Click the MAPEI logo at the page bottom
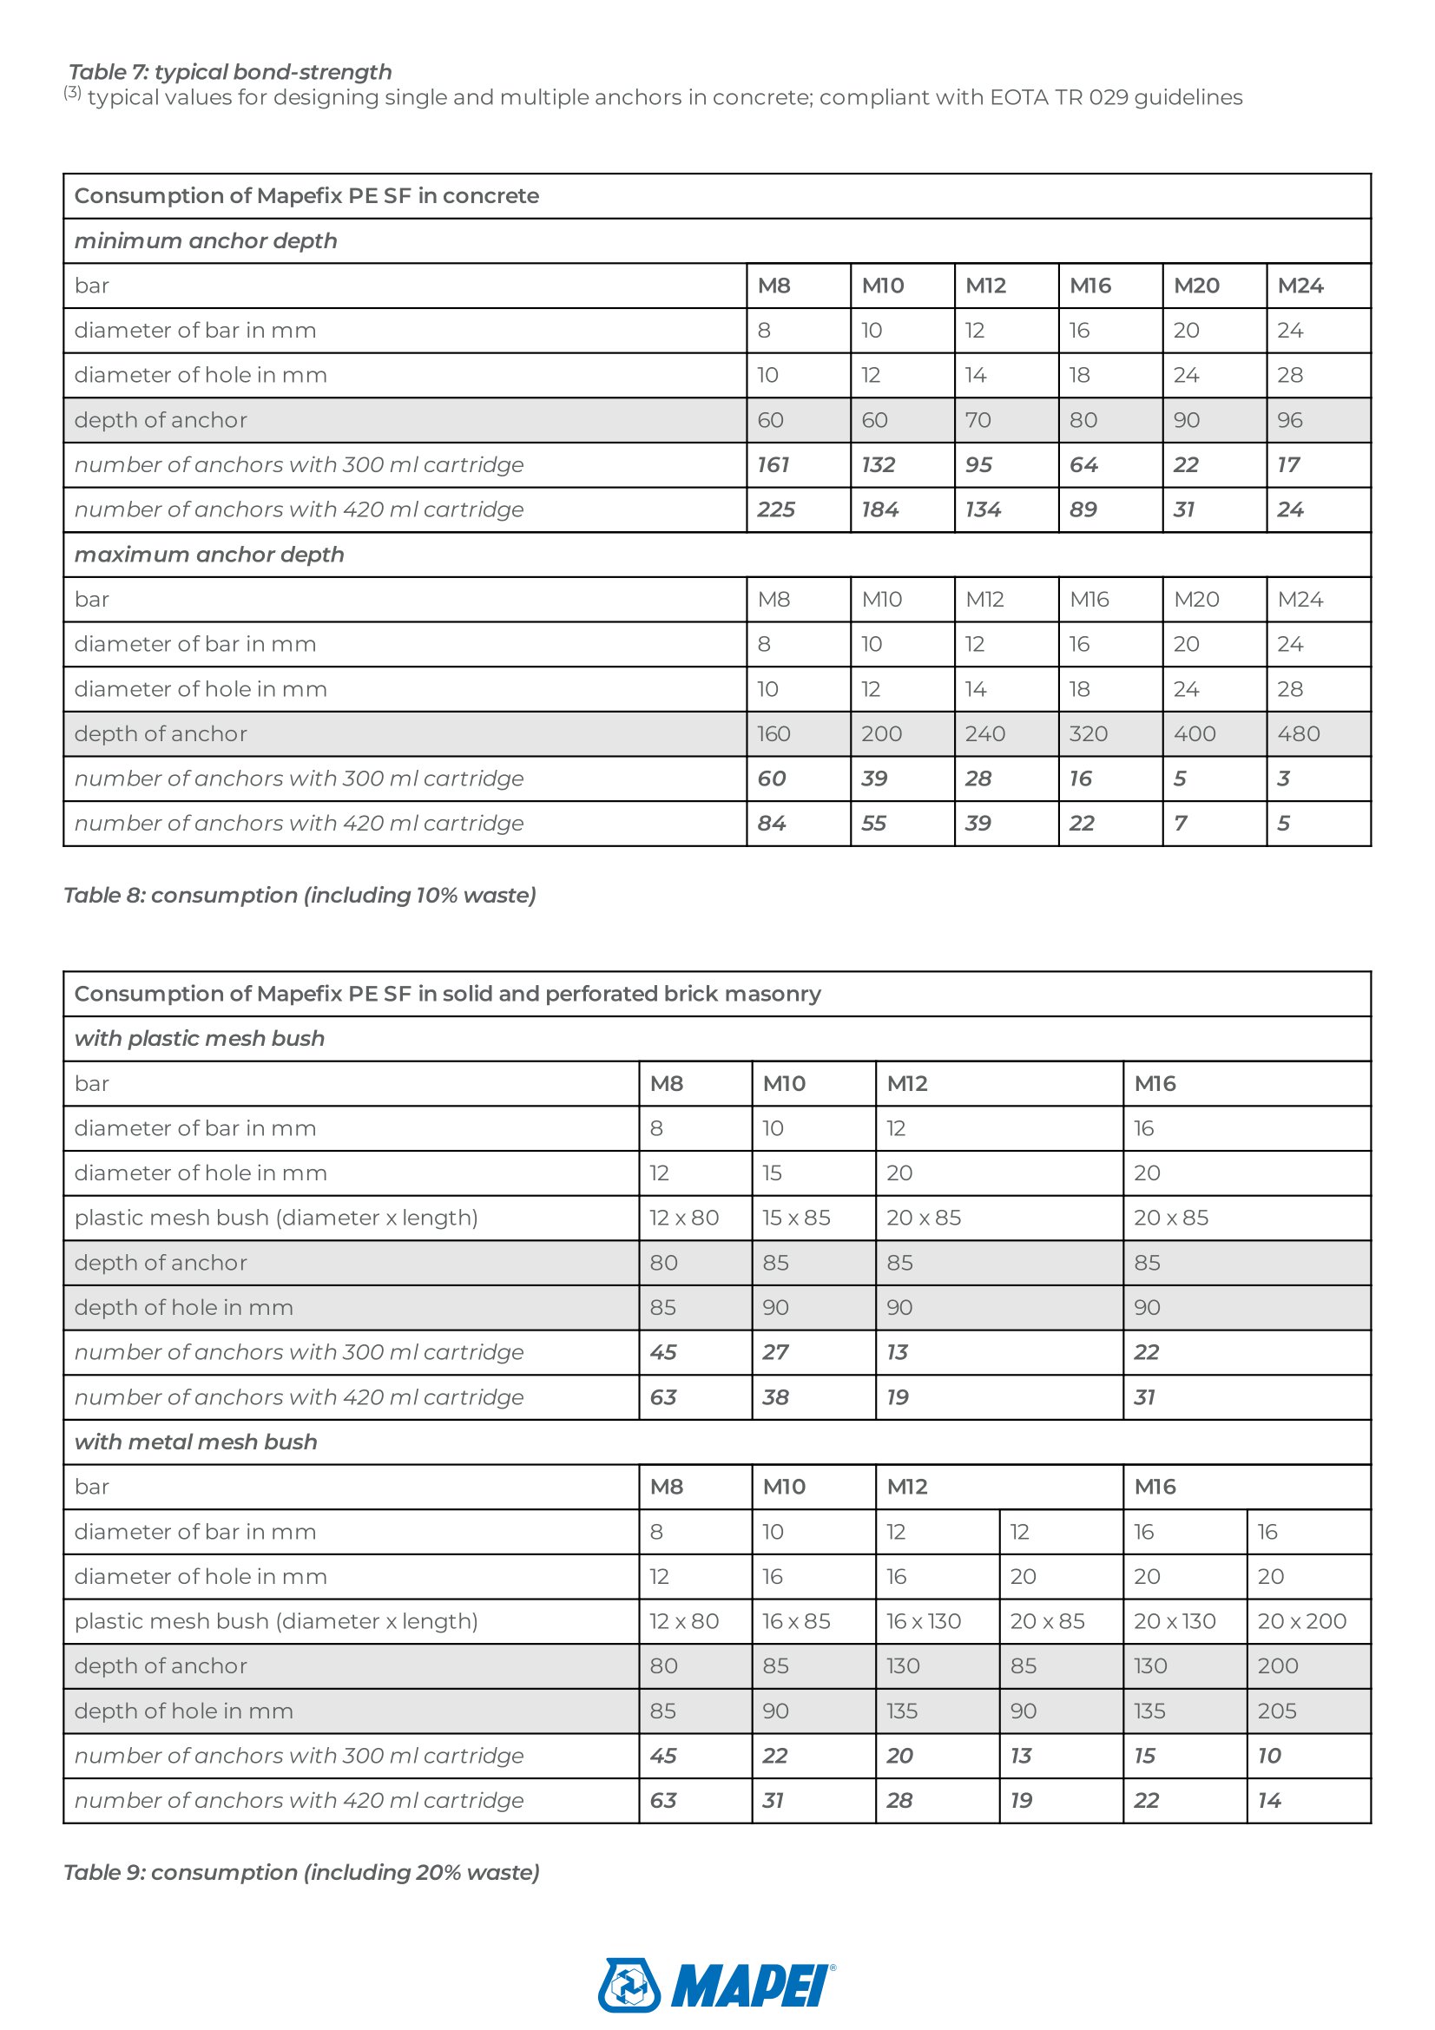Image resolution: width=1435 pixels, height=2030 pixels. point(716,1985)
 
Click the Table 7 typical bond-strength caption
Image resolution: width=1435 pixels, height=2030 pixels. point(230,72)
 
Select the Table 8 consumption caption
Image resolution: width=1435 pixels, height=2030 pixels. point(300,895)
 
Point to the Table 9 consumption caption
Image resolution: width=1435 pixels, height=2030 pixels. point(301,1872)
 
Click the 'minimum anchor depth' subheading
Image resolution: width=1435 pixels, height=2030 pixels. point(206,240)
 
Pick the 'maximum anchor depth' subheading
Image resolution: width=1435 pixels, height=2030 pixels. point(209,555)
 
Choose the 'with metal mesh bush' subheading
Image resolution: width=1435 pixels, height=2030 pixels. point(195,1442)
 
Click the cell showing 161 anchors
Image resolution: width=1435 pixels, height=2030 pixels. point(773,465)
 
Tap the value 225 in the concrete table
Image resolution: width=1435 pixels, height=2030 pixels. point(776,509)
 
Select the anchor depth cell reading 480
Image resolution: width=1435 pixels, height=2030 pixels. point(1299,734)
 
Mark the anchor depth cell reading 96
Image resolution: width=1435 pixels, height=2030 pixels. point(1290,420)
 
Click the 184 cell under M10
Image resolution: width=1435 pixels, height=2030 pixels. point(880,509)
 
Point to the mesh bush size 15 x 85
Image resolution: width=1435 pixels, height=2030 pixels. point(797,1218)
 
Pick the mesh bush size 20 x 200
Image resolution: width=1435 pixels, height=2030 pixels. point(1301,1620)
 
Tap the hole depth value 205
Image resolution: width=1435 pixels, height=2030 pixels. point(1278,1711)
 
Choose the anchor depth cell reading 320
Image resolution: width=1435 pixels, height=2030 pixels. point(1089,734)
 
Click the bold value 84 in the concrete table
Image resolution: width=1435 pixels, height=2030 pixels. point(772,823)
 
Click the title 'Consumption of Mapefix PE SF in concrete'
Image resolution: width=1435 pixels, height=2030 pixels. point(306,195)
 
